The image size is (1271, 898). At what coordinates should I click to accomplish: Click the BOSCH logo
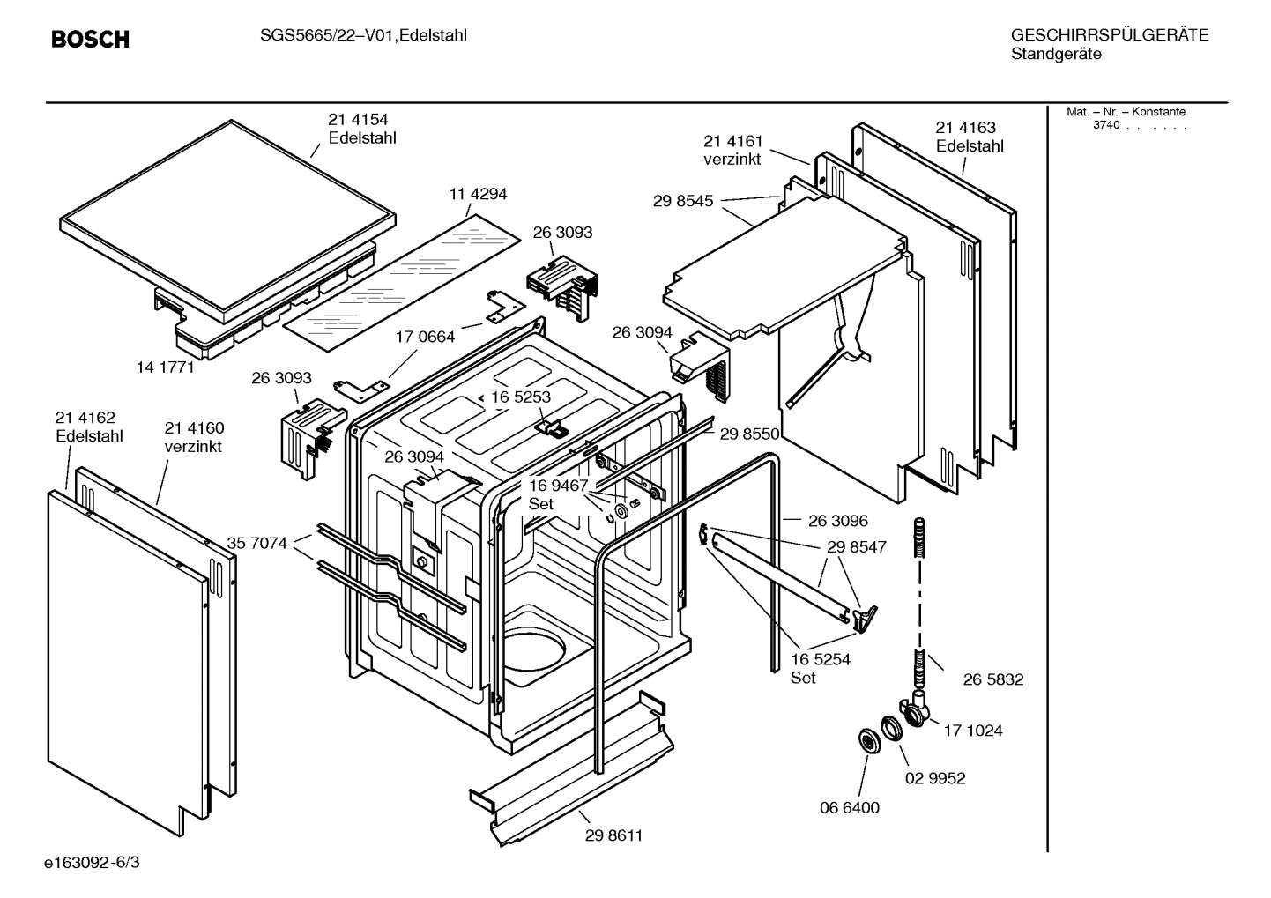point(90,40)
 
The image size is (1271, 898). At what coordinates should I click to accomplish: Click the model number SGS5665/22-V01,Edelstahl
point(363,35)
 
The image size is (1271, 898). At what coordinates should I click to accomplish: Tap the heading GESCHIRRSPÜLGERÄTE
point(1109,35)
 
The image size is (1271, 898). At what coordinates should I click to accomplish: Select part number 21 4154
point(358,119)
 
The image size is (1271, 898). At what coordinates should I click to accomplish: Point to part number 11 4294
point(478,194)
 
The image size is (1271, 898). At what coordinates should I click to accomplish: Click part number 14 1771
point(165,367)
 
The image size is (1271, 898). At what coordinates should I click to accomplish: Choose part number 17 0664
point(425,337)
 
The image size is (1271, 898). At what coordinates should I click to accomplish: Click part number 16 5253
point(520,397)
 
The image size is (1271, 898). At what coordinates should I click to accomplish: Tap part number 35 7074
point(256,543)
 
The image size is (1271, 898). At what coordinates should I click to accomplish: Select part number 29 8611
point(613,835)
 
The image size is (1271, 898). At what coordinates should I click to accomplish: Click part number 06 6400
point(850,807)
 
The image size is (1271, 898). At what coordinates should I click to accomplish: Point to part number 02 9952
point(935,778)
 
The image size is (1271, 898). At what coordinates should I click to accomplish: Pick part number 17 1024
point(973,731)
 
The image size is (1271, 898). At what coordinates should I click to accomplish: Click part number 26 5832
point(993,679)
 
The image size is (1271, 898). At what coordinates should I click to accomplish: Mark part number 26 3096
point(838,521)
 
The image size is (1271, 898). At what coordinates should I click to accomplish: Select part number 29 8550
point(749,434)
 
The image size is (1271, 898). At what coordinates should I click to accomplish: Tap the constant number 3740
point(1105,125)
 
